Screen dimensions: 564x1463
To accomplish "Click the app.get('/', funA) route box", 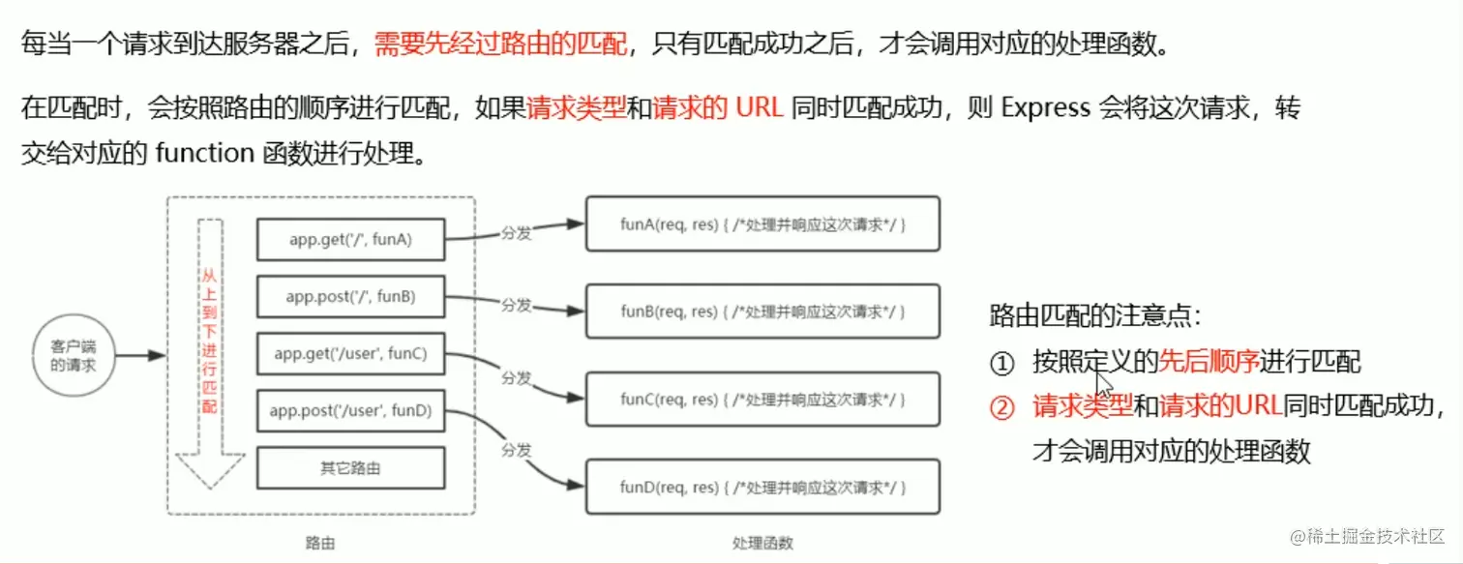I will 350,239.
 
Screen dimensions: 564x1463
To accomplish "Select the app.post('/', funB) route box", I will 350,296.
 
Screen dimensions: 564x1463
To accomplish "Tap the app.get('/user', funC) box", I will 350,354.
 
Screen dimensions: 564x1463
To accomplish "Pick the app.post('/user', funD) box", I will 350,411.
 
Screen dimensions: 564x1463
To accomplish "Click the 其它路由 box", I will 350,468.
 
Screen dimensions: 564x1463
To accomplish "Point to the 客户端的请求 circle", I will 74,355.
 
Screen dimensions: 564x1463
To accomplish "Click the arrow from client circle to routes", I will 141,356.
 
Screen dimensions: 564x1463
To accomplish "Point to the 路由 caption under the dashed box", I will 320,543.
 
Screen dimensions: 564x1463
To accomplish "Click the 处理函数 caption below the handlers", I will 762,543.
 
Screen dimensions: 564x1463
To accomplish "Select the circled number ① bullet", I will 1001,364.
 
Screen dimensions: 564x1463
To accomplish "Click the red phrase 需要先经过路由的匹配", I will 500,44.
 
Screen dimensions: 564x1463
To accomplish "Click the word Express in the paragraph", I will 1045,107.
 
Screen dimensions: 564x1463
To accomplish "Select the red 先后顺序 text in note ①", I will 1209,363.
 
